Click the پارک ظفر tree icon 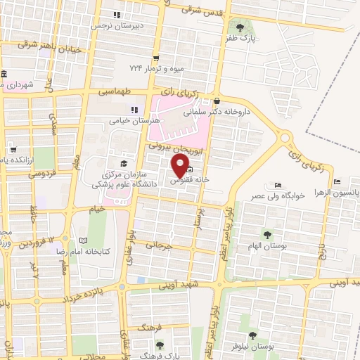coord(240,27)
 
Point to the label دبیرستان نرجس coord(117,25)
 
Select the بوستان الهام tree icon coord(266,234)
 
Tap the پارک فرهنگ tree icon coord(160,345)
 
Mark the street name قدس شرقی coord(202,10)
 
